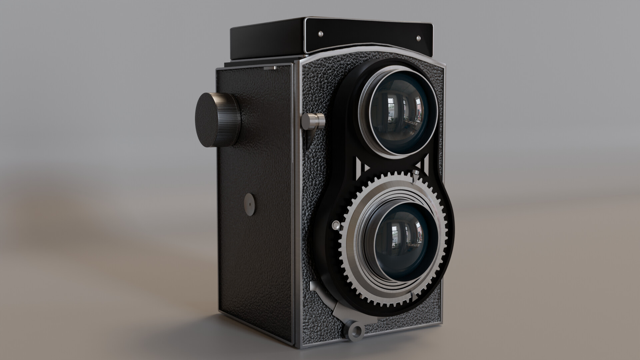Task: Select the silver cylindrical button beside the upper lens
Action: tap(313, 121)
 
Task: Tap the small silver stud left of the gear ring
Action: tap(336, 226)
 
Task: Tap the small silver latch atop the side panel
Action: tap(271, 68)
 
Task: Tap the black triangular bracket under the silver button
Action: tap(309, 137)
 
